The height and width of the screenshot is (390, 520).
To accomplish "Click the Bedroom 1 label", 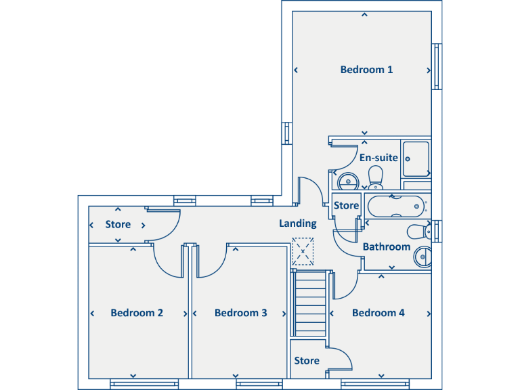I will (366, 70).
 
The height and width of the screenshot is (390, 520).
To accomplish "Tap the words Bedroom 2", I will (137, 313).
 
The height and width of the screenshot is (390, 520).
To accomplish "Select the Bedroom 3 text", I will (240, 313).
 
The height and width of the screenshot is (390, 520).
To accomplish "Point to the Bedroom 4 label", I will (378, 313).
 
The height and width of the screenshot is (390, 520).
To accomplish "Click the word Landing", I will (298, 223).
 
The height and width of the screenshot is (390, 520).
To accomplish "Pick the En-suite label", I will (378, 158).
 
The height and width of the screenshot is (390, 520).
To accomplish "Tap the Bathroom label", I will (386, 247).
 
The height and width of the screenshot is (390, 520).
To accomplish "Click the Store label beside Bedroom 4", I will (307, 361).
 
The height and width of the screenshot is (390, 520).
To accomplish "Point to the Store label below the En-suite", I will (346, 205).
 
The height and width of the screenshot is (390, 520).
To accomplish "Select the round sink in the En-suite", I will (348, 181).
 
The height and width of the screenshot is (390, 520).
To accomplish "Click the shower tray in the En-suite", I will (416, 159).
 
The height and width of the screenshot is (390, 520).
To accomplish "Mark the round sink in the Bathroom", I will (422, 257).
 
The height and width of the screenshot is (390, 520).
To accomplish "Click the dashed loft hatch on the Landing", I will (303, 251).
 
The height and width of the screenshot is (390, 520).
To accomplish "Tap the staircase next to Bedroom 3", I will (310, 303).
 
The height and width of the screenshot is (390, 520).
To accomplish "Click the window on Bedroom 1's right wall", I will (437, 66).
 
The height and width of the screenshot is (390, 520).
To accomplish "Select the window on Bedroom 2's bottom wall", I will (144, 384).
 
